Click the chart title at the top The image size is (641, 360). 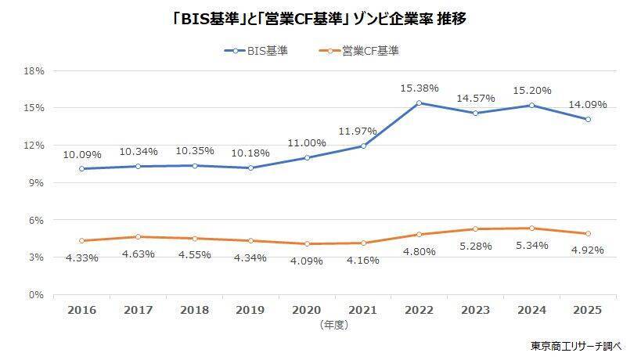coord(319,19)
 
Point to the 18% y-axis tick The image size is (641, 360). coord(34,70)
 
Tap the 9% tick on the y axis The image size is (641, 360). coord(37,182)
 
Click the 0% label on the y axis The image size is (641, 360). coord(37,295)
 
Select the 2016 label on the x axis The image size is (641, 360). coord(82,310)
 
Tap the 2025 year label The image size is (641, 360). coord(588,310)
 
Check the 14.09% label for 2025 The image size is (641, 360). coord(588,104)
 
